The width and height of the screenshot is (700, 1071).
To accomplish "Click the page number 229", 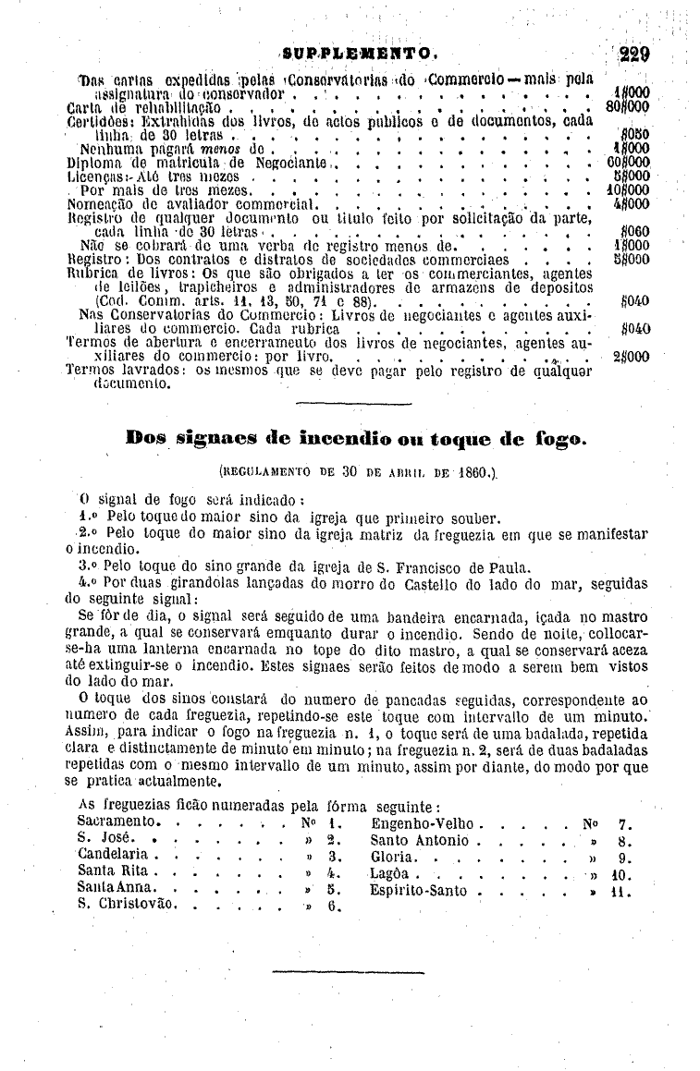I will (635, 54).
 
